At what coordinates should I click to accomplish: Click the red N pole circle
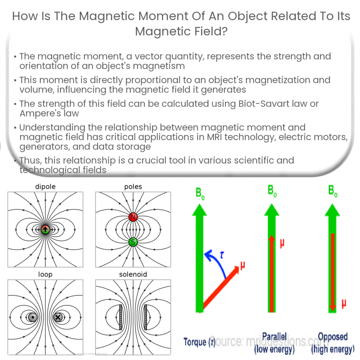133,217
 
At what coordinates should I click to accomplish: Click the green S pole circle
133,242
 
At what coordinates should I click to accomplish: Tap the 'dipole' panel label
45,187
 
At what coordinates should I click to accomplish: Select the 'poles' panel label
133,187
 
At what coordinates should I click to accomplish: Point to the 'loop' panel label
45,274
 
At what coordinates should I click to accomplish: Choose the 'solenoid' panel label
133,274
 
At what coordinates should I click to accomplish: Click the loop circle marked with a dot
33,317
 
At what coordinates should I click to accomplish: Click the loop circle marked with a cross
58,317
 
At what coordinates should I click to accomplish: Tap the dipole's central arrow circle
45,230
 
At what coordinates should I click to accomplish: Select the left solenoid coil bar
121,317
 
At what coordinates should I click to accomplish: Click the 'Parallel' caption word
275,336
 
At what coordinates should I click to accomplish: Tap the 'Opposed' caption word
333,336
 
